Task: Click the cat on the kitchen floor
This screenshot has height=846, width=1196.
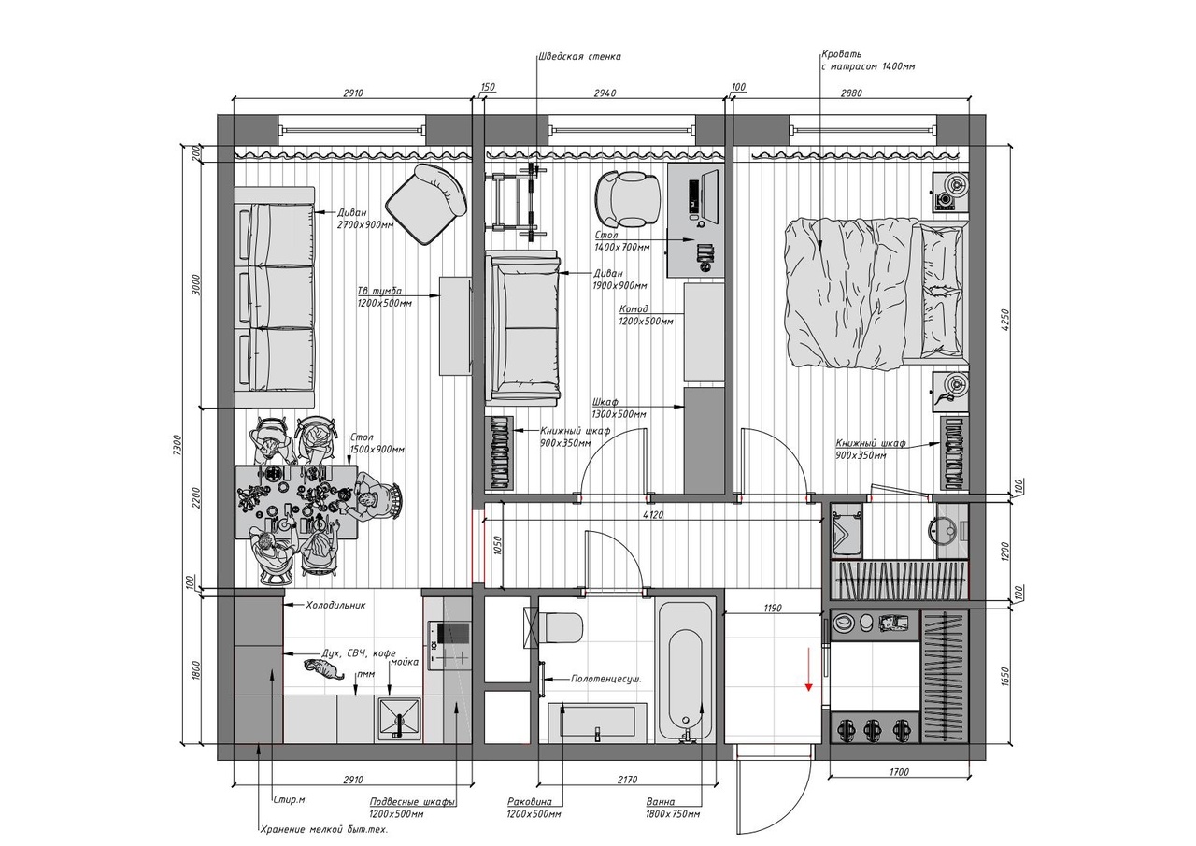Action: [x=323, y=668]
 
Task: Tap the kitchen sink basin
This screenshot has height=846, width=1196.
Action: [x=399, y=719]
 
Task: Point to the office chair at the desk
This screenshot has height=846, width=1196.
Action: [x=629, y=199]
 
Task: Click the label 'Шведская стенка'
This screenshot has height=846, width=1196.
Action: [x=580, y=57]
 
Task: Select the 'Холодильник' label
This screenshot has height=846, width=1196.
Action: [x=335, y=605]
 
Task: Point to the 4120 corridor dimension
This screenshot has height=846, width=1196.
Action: [x=652, y=515]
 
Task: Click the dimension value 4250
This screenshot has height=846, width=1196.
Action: [x=1006, y=321]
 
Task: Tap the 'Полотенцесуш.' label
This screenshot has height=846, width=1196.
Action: [x=606, y=680]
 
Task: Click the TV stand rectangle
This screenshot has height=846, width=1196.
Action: [x=455, y=326]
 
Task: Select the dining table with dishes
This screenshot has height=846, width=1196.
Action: [x=296, y=502]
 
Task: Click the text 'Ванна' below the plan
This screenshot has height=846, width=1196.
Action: [x=661, y=801]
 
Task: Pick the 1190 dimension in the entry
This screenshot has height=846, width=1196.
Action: [x=773, y=608]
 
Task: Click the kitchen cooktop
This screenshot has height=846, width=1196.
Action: [x=449, y=646]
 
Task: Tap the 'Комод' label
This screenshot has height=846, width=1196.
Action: [x=634, y=308]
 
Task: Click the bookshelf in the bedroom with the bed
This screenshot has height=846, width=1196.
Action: [x=955, y=452]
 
